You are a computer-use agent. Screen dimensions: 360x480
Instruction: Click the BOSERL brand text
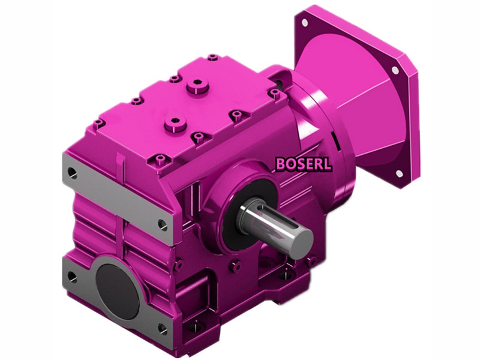coord(303,164)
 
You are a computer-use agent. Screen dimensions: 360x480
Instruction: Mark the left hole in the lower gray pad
coord(72,277)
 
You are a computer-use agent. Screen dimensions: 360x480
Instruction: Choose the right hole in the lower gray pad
coord(161,327)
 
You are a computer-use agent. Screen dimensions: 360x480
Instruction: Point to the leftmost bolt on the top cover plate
coord(100,122)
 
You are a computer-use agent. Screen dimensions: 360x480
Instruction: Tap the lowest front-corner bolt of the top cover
coord(160,158)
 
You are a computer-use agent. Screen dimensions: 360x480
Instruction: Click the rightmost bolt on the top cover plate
coord(275,93)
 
